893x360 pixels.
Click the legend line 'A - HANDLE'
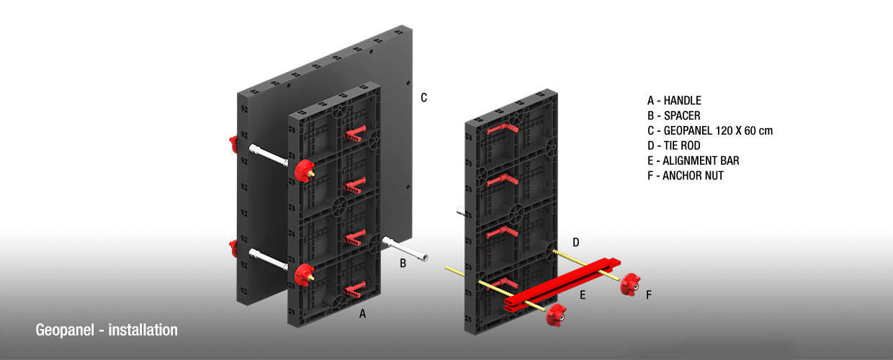pos(674,101)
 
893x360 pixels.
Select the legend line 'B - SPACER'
pos(673,116)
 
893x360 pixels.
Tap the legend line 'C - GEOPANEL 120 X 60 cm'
pos(709,130)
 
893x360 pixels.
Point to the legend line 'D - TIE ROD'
pos(673,145)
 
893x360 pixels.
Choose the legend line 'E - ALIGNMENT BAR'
pos(693,161)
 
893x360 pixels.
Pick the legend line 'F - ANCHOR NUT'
pos(685,176)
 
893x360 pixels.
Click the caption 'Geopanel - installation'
pos(107,330)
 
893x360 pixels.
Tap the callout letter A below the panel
pos(363,314)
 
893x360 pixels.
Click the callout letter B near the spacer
pos(403,264)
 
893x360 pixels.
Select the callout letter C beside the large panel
pos(424,97)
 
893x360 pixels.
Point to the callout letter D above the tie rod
pos(575,242)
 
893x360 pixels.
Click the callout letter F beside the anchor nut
pos(649,294)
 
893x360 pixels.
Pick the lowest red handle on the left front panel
pos(356,290)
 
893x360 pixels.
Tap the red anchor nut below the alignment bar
pos(555,315)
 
